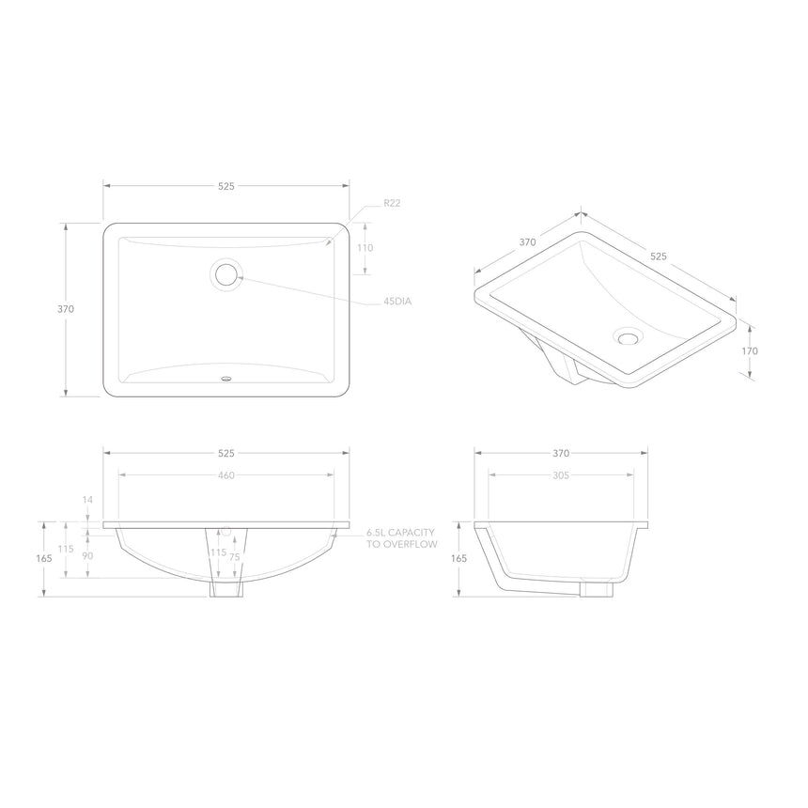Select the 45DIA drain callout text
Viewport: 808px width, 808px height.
point(397,302)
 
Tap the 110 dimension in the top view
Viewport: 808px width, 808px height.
point(365,248)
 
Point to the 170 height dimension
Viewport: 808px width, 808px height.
point(750,350)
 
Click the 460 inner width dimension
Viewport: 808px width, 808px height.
point(226,475)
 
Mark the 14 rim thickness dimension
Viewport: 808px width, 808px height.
point(87,500)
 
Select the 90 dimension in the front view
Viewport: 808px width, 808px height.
point(87,556)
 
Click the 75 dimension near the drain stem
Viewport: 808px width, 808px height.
point(234,556)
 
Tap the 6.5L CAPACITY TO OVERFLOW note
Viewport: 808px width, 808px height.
point(401,537)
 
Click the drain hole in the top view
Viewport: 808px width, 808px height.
point(226,274)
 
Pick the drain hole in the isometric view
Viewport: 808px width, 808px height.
point(627,334)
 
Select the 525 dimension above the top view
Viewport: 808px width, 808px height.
point(226,187)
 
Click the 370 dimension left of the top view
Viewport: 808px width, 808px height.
point(66,309)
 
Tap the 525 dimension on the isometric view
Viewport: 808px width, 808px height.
point(658,255)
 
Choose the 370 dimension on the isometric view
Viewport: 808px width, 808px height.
point(527,241)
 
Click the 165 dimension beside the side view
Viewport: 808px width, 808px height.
point(459,558)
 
